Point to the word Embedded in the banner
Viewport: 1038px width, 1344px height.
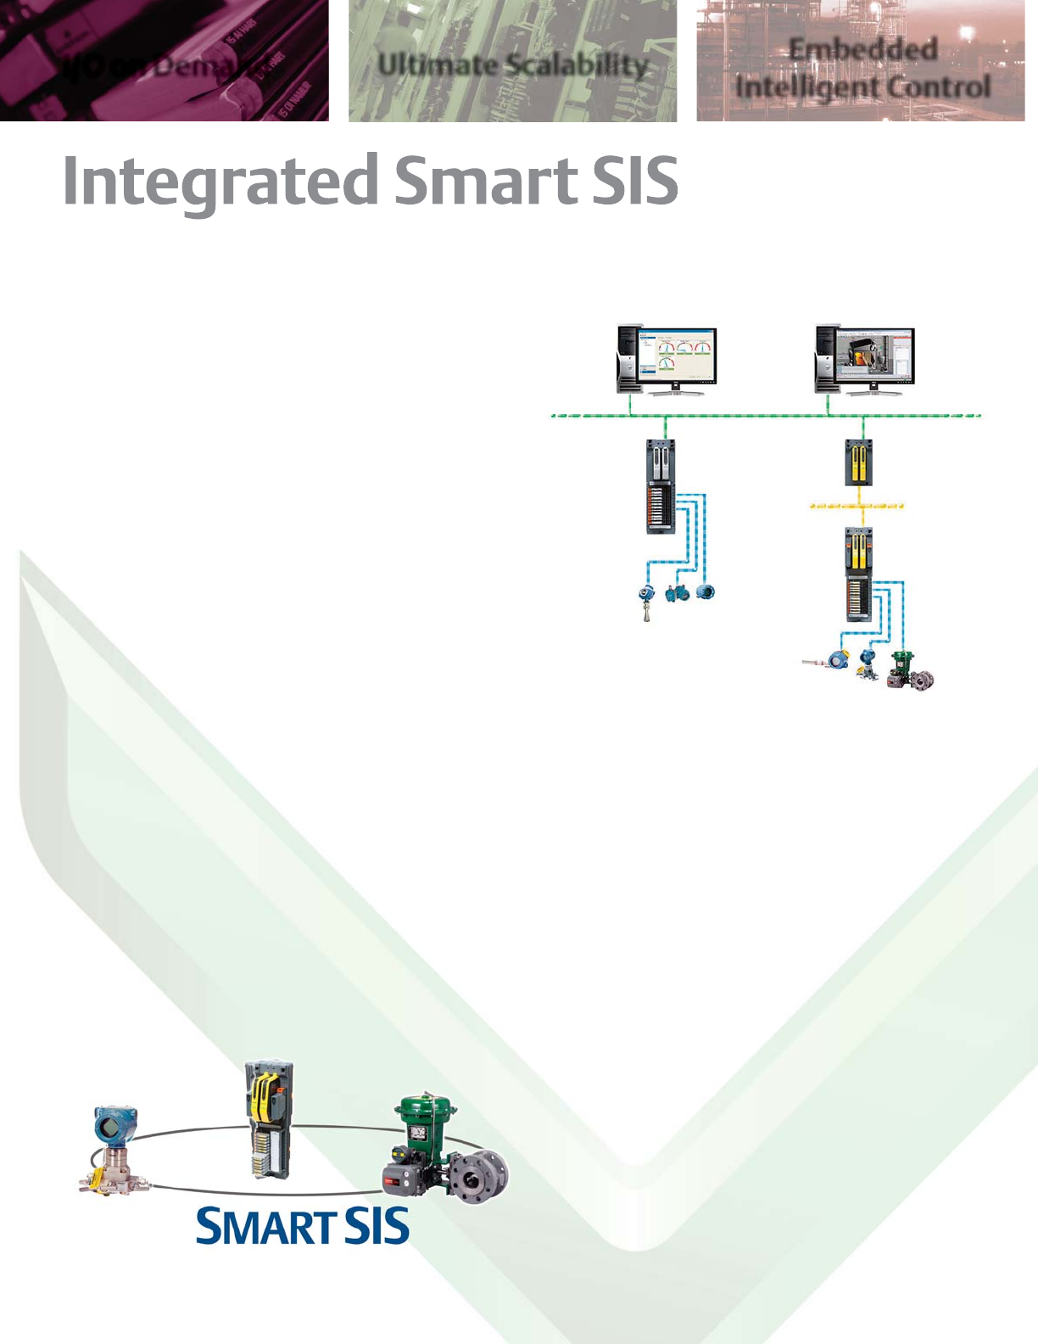tap(862, 49)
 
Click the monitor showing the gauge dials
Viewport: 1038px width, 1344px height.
tap(676, 357)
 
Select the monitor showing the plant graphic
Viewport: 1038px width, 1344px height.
tap(873, 357)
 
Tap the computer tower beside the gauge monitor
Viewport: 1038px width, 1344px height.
tap(627, 360)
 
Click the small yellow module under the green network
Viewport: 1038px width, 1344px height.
tap(858, 462)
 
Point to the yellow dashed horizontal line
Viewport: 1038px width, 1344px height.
tap(857, 506)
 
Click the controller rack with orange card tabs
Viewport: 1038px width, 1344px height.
tap(661, 488)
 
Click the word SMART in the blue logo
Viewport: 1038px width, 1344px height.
tap(265, 1227)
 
